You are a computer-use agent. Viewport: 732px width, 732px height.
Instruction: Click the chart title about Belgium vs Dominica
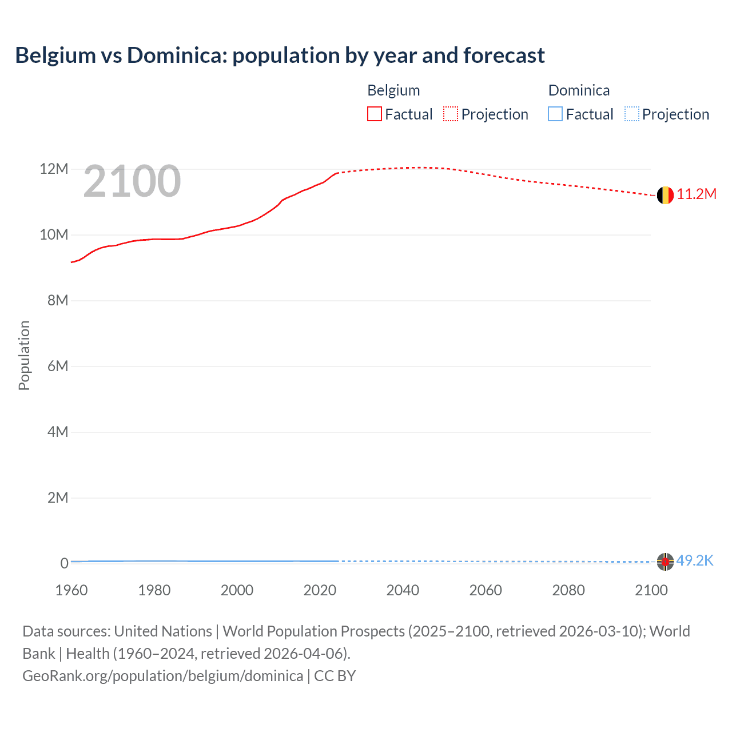280,55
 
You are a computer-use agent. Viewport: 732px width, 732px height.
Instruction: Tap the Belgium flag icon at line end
665,195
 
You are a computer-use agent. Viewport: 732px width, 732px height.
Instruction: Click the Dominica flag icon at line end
665,562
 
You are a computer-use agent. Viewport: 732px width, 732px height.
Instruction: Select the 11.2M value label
697,194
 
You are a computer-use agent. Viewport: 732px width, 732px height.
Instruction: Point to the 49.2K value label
695,561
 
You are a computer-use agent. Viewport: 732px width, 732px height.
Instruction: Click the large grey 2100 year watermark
132,182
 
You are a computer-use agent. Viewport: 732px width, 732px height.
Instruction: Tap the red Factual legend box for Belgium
375,114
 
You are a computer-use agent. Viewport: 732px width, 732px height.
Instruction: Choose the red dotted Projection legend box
451,114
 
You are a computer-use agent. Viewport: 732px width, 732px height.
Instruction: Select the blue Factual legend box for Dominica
555,114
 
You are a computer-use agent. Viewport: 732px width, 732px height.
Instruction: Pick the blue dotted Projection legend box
632,114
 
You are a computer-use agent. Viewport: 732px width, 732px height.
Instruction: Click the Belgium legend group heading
393,90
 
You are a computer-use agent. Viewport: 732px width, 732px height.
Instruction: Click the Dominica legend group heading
579,90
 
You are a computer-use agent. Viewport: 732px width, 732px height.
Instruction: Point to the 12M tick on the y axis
54,169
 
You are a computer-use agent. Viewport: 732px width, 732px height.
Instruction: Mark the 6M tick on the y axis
58,367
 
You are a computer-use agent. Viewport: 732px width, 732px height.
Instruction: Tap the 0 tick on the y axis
64,563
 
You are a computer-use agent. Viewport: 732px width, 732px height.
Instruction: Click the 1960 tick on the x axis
71,590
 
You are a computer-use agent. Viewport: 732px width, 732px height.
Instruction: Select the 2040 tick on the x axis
403,590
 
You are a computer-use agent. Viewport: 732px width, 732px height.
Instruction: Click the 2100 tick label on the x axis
651,590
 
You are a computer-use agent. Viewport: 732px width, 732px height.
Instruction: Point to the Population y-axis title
24,355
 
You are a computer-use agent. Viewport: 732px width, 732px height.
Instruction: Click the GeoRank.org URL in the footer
162,676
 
